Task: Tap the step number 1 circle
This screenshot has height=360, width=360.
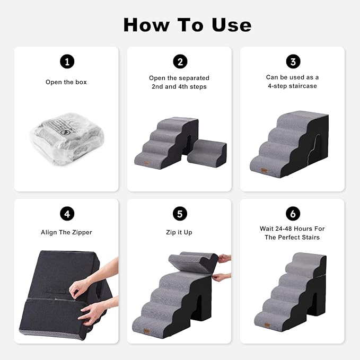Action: pyautogui.click(x=66, y=62)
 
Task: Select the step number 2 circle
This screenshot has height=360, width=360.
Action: pyautogui.click(x=180, y=62)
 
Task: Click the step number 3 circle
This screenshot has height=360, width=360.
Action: pyautogui.click(x=293, y=62)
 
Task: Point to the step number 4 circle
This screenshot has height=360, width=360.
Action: pyautogui.click(x=66, y=214)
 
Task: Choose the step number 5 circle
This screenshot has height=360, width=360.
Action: pyautogui.click(x=180, y=214)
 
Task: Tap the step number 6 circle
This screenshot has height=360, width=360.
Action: pyautogui.click(x=293, y=214)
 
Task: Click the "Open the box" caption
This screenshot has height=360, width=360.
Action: pyautogui.click(x=66, y=82)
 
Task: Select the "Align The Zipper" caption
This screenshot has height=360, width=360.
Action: pyautogui.click(x=66, y=232)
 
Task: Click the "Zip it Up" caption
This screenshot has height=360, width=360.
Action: pyautogui.click(x=180, y=232)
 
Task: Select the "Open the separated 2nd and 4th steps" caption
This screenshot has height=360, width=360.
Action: pyautogui.click(x=180, y=82)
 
